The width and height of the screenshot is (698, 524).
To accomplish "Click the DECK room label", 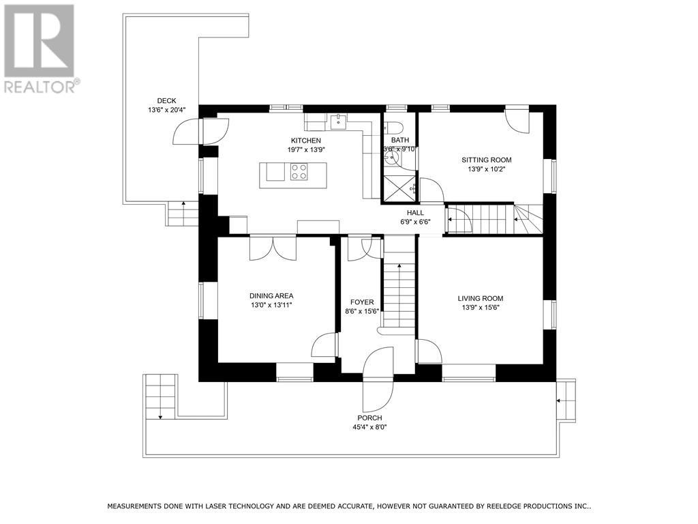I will coord(166,100).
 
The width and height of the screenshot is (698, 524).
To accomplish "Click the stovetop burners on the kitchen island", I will coord(299,171).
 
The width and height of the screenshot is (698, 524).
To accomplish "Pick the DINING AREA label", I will coord(271,295).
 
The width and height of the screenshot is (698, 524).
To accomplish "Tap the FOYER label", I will coord(362,302).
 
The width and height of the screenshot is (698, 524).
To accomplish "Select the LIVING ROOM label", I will coord(481,298).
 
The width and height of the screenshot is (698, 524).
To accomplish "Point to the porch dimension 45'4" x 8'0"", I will coord(369,427).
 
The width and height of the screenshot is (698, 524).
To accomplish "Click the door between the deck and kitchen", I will coord(202,131).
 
